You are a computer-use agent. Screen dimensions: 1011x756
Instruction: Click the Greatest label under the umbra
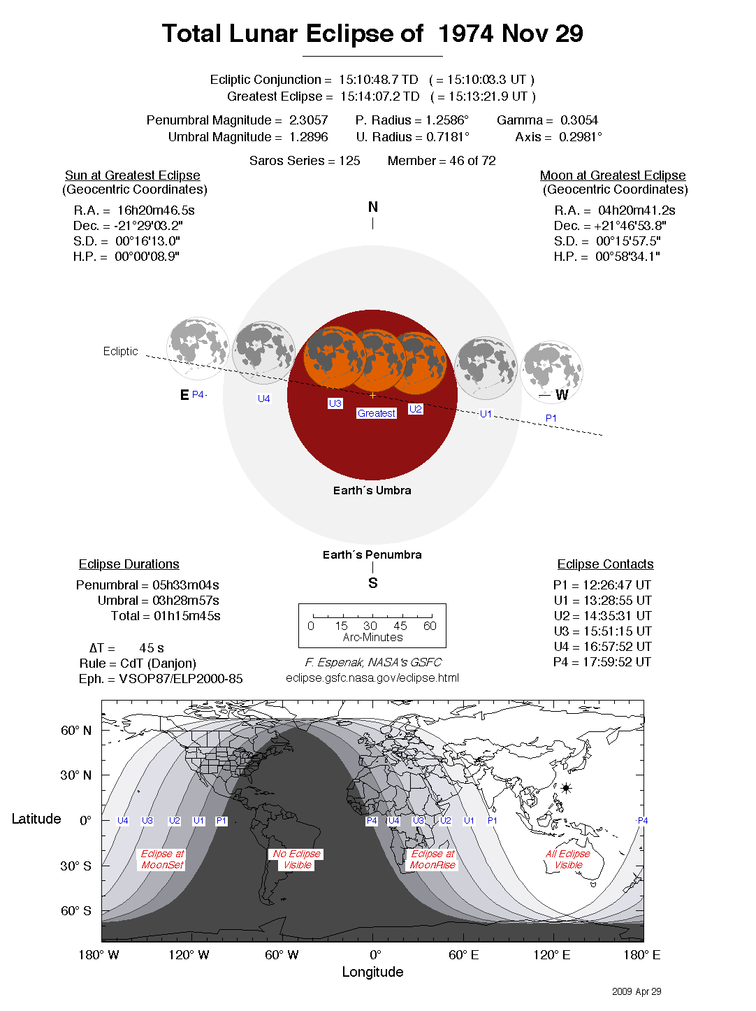click(377, 413)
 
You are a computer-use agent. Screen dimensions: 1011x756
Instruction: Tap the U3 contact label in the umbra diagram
click(335, 403)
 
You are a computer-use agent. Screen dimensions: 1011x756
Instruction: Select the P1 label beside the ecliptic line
click(551, 418)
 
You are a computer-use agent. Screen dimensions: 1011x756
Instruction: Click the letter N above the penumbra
click(373, 207)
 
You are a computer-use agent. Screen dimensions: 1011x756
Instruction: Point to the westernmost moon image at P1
click(552, 371)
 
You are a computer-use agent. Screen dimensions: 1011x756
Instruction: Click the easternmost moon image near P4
click(198, 347)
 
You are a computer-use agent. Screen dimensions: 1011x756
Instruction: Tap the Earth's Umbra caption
click(372, 490)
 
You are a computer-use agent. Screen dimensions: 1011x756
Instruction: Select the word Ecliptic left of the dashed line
click(120, 351)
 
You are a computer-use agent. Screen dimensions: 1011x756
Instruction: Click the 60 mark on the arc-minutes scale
click(430, 626)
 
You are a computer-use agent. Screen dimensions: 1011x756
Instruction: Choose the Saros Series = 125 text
click(305, 161)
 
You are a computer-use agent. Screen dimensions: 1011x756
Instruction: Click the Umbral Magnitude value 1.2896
click(308, 137)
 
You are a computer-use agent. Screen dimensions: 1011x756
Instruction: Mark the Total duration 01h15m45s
click(187, 616)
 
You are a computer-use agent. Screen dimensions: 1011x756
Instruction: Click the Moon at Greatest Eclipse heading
click(613, 175)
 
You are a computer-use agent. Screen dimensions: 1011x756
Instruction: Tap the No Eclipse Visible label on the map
click(297, 859)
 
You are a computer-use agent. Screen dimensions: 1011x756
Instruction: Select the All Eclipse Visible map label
click(568, 859)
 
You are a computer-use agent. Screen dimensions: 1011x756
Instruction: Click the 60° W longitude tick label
click(282, 955)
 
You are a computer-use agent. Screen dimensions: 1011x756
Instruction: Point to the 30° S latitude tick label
click(75, 866)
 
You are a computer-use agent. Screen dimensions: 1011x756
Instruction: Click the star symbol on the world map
click(566, 788)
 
